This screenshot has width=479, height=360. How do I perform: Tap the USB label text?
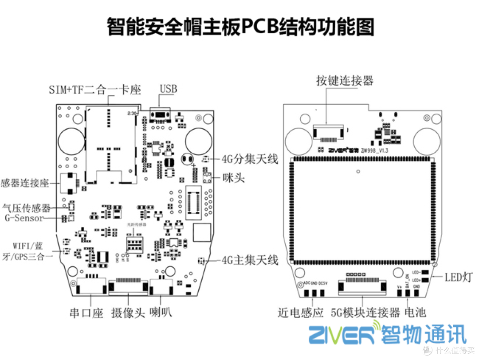168,89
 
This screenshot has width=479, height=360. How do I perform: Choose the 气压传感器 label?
27,207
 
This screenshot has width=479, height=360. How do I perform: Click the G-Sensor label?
24,218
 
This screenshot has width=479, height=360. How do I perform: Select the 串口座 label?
87,313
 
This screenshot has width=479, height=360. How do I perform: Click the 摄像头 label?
128,313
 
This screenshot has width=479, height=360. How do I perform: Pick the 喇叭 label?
161,313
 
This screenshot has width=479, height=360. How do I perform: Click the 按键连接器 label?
345,80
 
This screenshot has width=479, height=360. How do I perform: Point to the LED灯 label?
459,277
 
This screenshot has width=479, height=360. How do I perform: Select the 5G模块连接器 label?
366,313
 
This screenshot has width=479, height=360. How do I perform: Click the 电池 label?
415,313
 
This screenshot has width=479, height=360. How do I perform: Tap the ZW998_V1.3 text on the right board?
375,151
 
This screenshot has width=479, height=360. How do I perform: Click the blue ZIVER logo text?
342,334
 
